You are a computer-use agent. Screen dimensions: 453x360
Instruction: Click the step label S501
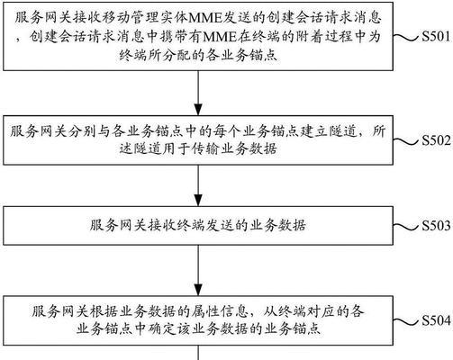click(436, 36)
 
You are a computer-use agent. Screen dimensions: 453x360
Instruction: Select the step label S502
click(436, 140)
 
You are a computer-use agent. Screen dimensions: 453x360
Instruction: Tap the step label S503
click(436, 226)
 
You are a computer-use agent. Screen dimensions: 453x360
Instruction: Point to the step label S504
click(436, 320)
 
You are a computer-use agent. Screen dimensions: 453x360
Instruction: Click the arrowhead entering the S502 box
click(198, 110)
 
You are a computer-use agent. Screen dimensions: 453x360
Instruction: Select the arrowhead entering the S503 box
click(198, 201)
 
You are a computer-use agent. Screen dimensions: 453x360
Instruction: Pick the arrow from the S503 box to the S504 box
click(198, 270)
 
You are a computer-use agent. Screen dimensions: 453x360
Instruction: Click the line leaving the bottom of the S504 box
click(198, 353)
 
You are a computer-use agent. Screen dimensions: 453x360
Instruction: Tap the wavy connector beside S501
click(406, 37)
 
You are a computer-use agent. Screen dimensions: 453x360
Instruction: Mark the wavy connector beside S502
click(406, 140)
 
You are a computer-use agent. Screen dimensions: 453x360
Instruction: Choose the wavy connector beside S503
click(406, 227)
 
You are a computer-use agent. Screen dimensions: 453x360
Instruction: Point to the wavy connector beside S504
click(406, 321)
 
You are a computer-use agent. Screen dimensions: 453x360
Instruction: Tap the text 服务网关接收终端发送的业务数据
click(198, 226)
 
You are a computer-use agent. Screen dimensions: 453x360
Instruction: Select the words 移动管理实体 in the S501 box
click(144, 18)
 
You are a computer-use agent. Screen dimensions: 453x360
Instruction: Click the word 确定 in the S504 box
click(161, 329)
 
